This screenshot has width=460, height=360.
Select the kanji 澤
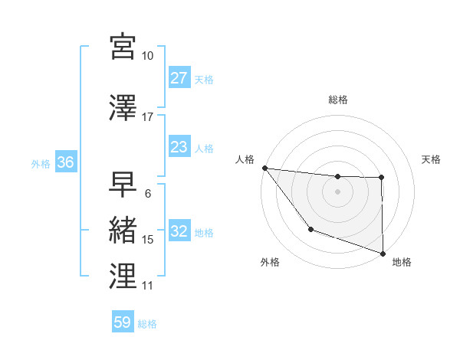123,108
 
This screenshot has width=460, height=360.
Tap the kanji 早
123,184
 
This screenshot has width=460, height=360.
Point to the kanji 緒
123,231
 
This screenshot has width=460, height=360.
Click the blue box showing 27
179,78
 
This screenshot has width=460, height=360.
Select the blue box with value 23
179,147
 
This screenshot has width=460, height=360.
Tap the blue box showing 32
179,231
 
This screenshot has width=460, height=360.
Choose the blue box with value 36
65,162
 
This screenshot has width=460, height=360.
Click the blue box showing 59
122,322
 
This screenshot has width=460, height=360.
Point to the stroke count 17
148,117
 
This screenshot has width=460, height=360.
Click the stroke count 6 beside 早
147,194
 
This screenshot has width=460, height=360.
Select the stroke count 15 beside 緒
148,240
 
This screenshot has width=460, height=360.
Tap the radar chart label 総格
338,100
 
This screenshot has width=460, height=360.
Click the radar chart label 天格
431,159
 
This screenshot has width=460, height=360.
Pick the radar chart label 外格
270,262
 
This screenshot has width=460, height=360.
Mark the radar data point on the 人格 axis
264,168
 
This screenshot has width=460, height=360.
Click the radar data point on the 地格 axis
382,252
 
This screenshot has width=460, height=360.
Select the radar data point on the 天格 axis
381,178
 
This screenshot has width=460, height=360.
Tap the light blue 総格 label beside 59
147,324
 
